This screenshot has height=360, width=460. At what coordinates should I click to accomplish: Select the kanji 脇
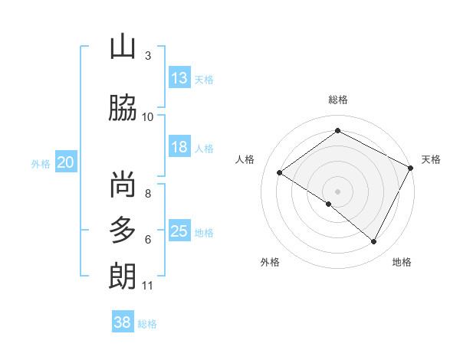[x=123, y=107]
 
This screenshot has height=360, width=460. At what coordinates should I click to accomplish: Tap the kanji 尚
[x=123, y=185]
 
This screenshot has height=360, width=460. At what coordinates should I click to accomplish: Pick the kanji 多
[x=123, y=230]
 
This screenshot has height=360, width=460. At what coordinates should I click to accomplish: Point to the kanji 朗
[x=123, y=276]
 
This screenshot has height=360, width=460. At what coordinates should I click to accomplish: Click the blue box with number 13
[x=179, y=78]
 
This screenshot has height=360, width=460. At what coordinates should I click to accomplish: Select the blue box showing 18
[x=179, y=147]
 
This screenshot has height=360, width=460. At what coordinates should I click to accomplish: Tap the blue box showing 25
[x=179, y=231]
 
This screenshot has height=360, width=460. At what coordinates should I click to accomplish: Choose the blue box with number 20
[x=66, y=162]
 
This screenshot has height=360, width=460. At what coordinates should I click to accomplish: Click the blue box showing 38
[x=123, y=322]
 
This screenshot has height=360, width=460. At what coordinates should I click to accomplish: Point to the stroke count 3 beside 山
[x=148, y=56]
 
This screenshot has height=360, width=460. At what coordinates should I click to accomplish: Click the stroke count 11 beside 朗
[x=147, y=286]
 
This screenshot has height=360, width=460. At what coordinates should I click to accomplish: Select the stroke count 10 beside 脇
[x=148, y=117]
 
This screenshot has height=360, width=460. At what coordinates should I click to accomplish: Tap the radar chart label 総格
[x=337, y=100]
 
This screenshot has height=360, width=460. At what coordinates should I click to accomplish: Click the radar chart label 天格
[x=431, y=159]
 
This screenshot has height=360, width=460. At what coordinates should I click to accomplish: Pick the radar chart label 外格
[x=270, y=262]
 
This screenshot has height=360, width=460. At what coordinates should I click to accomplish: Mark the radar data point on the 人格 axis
[x=280, y=172]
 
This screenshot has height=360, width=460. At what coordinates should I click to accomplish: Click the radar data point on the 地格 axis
[x=374, y=242]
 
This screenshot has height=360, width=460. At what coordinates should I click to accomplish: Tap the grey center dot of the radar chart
[x=337, y=191]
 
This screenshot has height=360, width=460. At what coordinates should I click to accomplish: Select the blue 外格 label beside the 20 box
[x=40, y=163]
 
